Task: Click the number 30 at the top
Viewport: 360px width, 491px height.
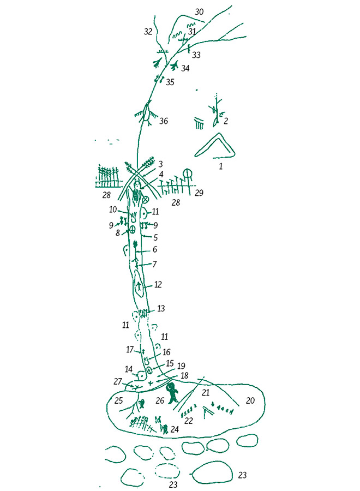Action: [199, 12]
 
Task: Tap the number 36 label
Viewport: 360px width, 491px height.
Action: [164, 121]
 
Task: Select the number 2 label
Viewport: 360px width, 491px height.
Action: [226, 121]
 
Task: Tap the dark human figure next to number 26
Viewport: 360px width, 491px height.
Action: [172, 393]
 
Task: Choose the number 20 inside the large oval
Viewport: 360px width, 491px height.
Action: [250, 400]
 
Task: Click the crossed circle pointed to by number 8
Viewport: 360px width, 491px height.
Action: [132, 230]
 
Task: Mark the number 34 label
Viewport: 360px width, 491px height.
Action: [185, 68]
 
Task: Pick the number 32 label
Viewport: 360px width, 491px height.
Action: [148, 31]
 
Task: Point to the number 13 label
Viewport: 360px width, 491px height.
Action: [160, 309]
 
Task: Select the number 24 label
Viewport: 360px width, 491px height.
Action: [175, 429]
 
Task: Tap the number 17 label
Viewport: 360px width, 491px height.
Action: [130, 349]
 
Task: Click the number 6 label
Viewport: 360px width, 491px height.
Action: [155, 249]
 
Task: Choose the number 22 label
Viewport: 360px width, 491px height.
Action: [188, 421]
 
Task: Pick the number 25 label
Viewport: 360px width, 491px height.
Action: [118, 400]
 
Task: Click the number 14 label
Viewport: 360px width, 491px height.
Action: [129, 369]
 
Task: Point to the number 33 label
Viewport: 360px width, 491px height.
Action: [196, 55]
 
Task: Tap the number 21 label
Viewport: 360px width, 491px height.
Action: [205, 392]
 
